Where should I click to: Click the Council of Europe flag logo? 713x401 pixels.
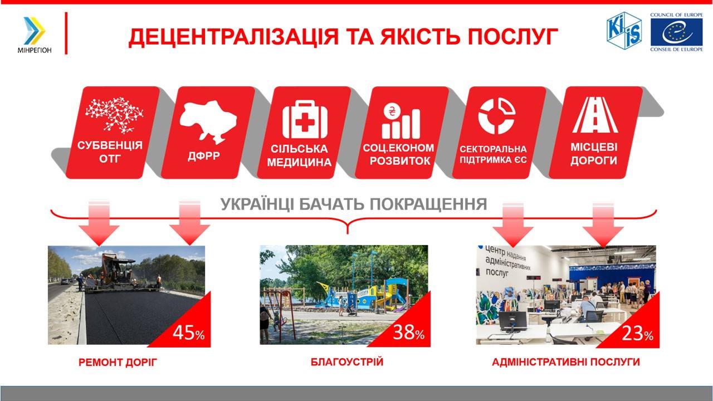tap(676, 32)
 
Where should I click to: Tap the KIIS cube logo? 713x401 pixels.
tap(624, 31)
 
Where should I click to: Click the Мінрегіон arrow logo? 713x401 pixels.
tap(35, 31)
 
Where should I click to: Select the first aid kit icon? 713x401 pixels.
tap(305, 119)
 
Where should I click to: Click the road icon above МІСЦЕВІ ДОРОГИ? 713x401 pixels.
tap(595, 115)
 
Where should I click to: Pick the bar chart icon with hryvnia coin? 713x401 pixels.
tap(401, 121)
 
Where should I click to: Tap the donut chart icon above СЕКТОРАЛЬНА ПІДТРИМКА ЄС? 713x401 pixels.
tap(496, 116)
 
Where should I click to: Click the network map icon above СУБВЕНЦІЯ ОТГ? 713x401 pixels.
tap(114, 115)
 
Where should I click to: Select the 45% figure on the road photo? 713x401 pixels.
tap(188, 333)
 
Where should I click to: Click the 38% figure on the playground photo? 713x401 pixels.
tap(408, 332)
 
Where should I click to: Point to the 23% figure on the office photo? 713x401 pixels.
tap(637, 333)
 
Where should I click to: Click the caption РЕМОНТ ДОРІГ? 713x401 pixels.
tap(118, 362)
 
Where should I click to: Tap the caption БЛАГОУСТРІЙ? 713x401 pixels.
tap(347, 362)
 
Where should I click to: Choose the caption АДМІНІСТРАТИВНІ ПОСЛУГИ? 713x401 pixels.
tap(565, 362)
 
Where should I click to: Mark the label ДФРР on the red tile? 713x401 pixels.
tap(204, 155)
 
